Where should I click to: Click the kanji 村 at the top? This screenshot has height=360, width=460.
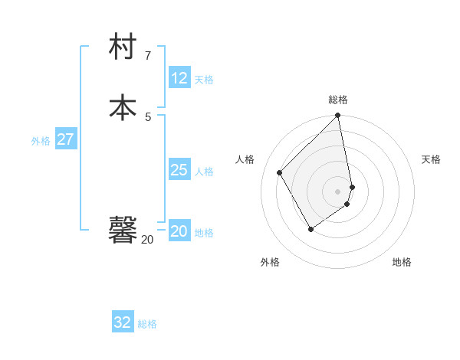coord(123,47)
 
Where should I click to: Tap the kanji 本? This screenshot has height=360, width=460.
coord(123,106)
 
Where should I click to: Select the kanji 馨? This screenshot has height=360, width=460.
coord(123,229)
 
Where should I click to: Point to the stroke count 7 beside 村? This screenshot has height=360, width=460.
coord(148,56)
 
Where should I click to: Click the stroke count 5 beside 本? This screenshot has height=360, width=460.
coord(148,116)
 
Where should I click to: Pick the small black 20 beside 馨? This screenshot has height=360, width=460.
coord(147,240)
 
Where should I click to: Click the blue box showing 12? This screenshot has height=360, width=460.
coord(179,77)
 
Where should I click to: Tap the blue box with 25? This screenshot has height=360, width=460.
coord(179,170)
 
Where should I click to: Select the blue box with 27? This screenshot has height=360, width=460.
coord(65,139)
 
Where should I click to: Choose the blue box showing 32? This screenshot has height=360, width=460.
coord(123,322)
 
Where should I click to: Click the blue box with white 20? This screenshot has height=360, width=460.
coord(179,231)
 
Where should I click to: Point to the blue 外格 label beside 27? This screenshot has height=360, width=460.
coord(41,141)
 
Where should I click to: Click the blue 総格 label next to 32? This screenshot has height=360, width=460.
coord(147,324)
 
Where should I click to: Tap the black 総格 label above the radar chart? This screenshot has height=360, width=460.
coord(338,100)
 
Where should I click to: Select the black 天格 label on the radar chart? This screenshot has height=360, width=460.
coord(431,159)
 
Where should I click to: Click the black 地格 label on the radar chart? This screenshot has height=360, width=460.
coord(402,262)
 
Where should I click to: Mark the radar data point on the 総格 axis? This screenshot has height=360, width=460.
coord(338,116)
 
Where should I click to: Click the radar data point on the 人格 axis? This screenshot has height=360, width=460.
coord(280,172)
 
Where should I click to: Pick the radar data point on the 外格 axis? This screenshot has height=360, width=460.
coord(310,229)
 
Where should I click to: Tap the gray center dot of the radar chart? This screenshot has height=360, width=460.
coord(338,191)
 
